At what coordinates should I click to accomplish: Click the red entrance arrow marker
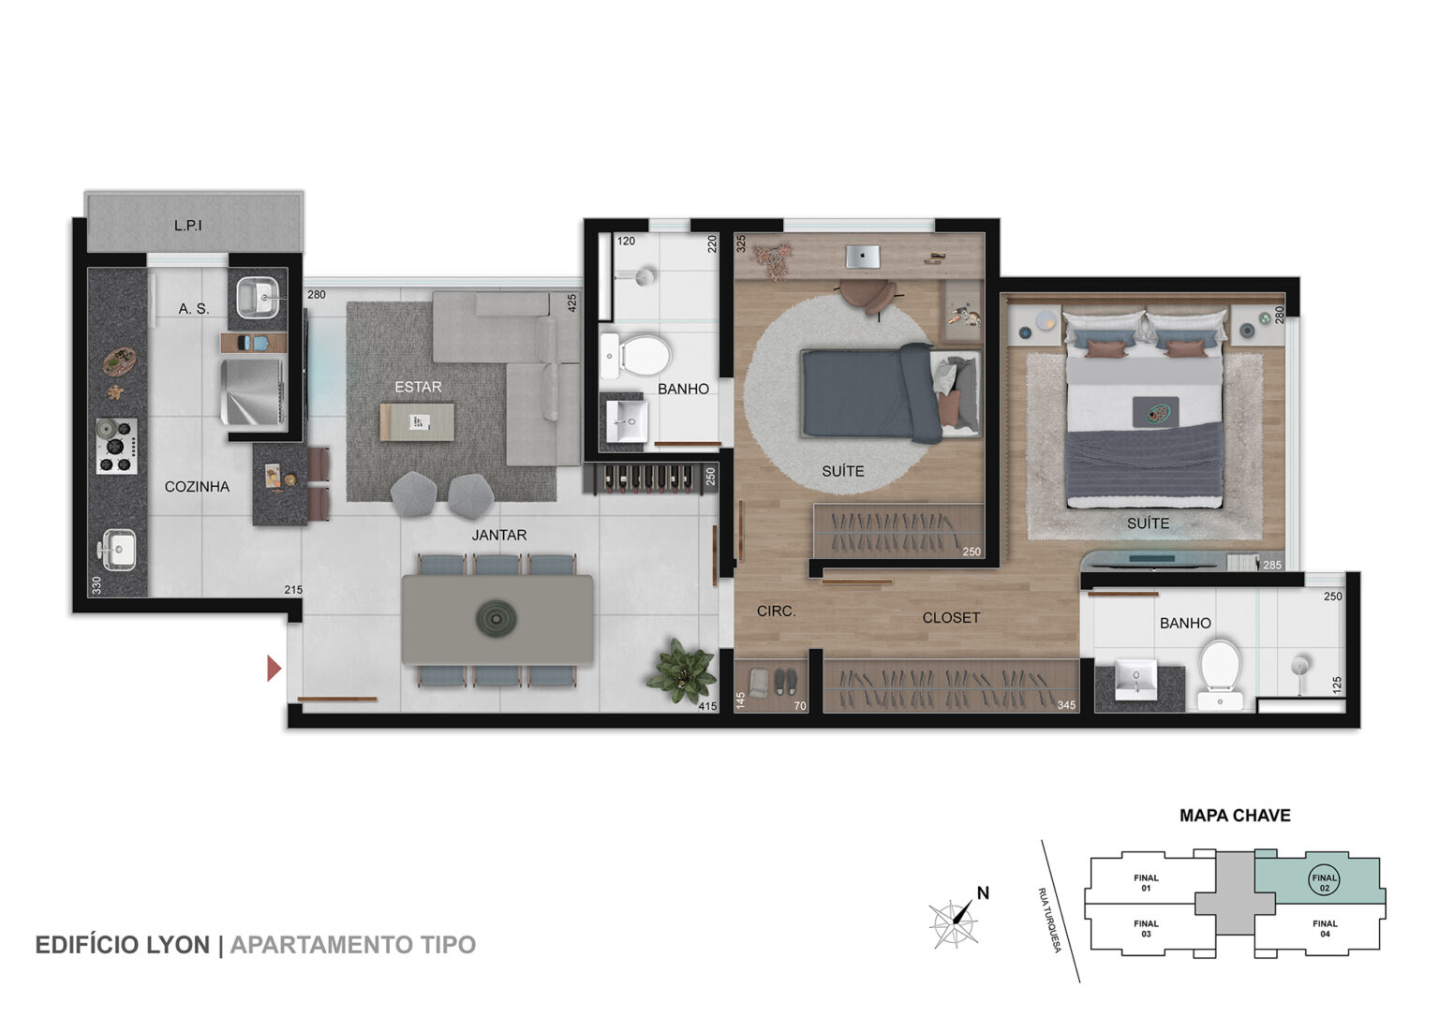(x=274, y=668)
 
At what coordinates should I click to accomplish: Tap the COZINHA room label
(x=197, y=487)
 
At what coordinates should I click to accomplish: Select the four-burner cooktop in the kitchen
(x=116, y=446)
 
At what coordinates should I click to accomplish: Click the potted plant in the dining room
(x=682, y=671)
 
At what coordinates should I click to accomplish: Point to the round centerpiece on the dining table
(x=496, y=619)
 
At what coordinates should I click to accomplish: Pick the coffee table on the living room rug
(x=417, y=421)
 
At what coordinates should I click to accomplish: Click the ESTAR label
(x=418, y=387)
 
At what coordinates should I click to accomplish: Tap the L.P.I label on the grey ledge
(x=187, y=226)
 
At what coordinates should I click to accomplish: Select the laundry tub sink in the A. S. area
(x=258, y=297)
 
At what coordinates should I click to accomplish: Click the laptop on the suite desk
(x=862, y=257)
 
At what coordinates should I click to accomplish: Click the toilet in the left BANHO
(x=636, y=355)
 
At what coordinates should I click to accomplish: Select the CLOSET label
(x=951, y=618)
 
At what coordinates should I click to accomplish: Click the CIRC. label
(x=776, y=612)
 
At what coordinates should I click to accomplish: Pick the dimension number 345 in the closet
(x=1066, y=705)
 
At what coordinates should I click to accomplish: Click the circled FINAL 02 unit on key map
(x=1324, y=881)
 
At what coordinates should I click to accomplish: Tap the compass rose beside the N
(x=955, y=923)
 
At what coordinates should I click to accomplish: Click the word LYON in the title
(x=179, y=945)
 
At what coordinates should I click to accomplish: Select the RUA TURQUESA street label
(x=1049, y=920)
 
